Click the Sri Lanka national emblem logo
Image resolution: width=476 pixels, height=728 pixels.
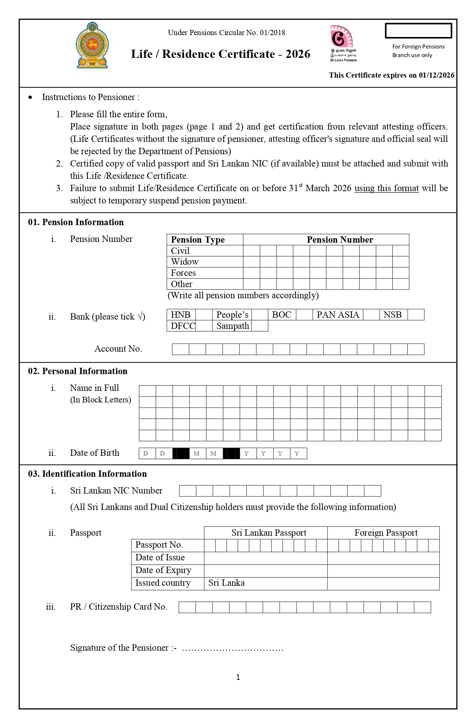point(92,46)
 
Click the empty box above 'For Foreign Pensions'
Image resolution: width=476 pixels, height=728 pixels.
point(418,31)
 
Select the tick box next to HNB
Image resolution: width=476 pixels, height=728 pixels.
point(204,315)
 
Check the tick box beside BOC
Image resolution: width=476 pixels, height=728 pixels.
point(304,315)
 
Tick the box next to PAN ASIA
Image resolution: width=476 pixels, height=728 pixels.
point(371,315)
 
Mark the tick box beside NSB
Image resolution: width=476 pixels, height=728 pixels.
point(416,315)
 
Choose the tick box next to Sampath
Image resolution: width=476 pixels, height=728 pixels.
point(260,326)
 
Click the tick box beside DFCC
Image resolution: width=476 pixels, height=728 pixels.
point(204,326)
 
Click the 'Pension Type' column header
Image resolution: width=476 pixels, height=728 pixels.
point(198,240)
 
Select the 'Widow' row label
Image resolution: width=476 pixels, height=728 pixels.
point(185,262)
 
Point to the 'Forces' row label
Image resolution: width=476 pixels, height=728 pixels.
point(183,273)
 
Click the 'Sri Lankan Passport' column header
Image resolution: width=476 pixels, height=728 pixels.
point(269,533)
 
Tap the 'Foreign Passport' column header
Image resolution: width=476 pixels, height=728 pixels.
point(386,533)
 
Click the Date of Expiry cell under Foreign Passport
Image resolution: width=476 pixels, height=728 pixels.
point(383,571)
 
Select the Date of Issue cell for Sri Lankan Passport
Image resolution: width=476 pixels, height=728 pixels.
point(265,558)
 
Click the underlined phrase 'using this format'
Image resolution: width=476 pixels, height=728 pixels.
point(386,188)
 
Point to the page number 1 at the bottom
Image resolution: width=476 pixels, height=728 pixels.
point(238,677)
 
